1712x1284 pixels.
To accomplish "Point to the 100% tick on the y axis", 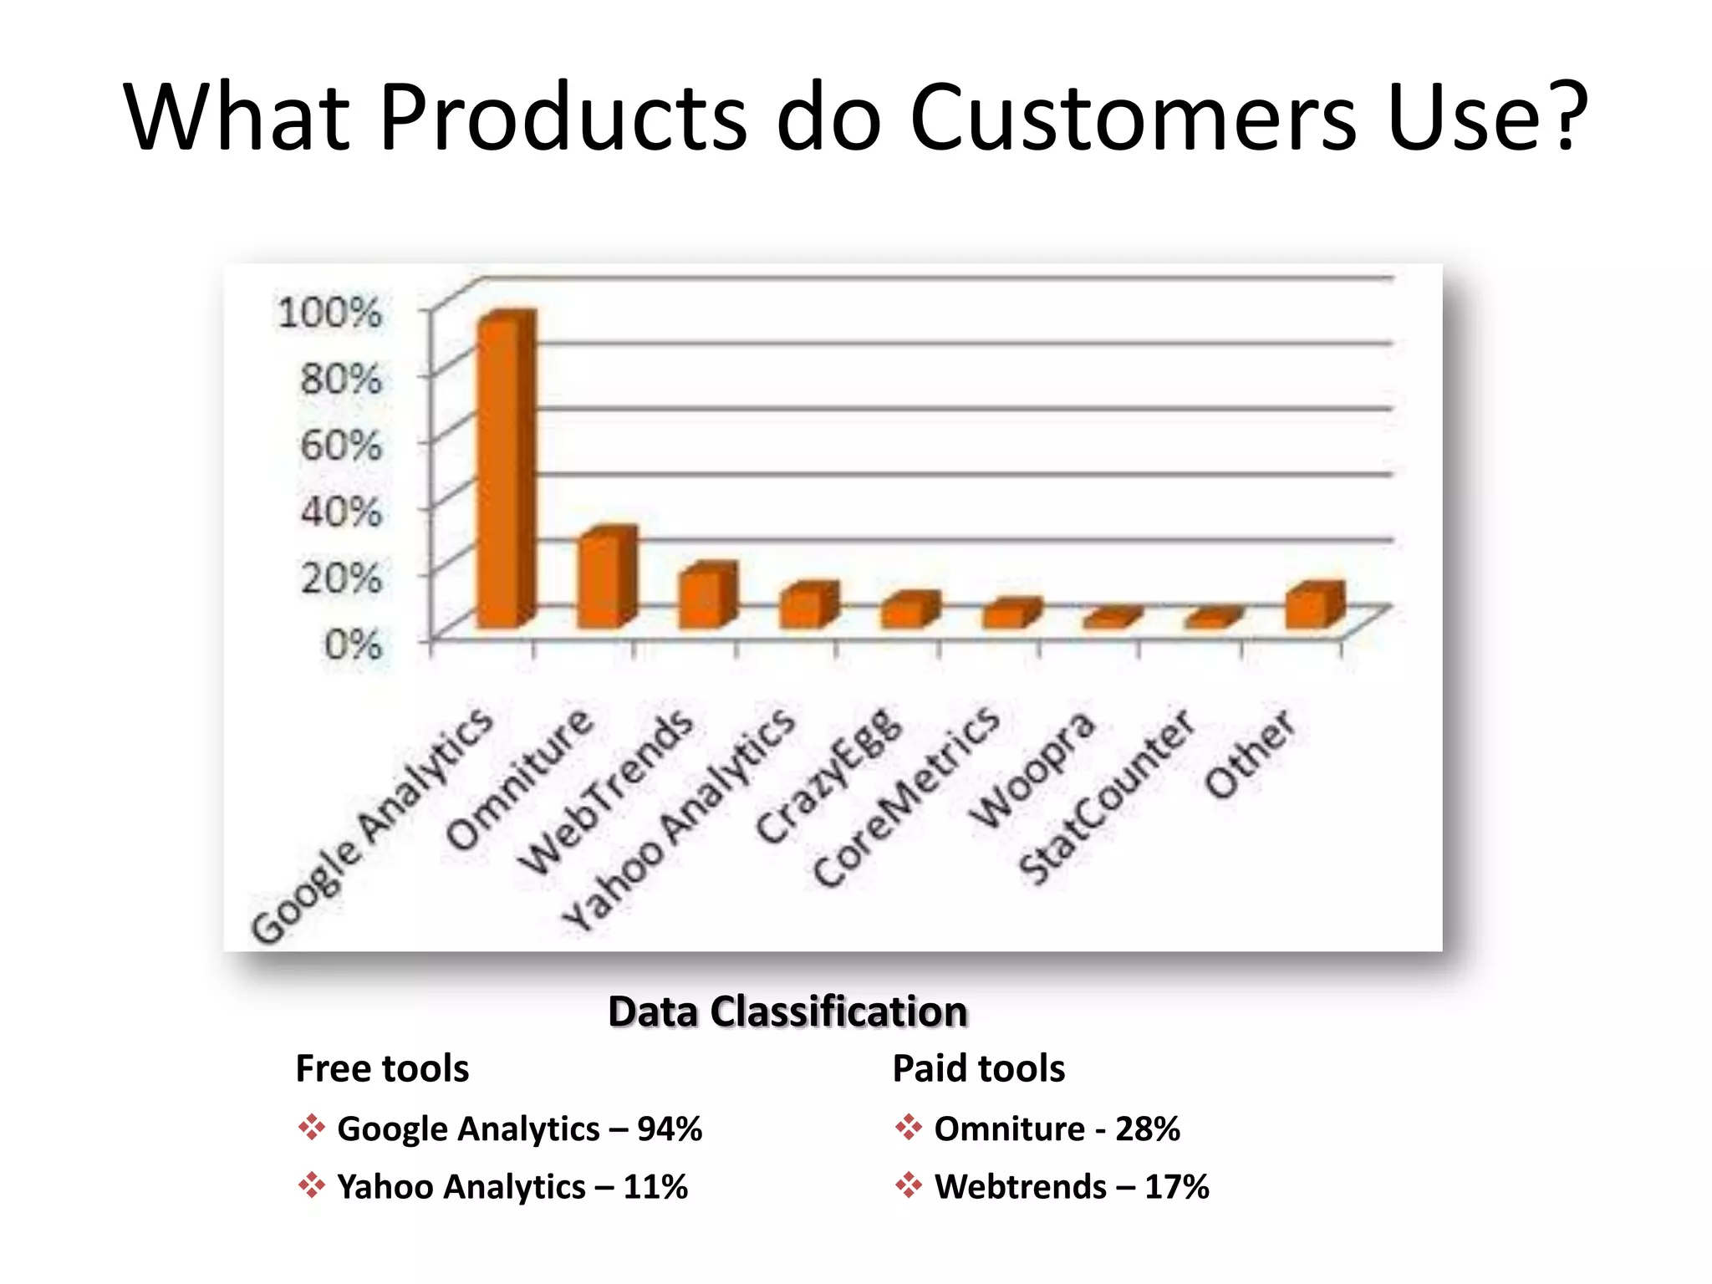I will pos(329,313).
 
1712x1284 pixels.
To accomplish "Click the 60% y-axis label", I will pos(341,445).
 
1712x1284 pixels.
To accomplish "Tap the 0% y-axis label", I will pos(353,645).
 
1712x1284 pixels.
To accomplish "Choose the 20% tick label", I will pos(341,578).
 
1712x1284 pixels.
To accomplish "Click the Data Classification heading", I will pos(787,1011).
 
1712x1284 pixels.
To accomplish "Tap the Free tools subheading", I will pos(382,1068).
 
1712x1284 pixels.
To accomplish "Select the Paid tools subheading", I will pos(978,1068).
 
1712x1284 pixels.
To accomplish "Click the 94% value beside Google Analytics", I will pos(669,1129).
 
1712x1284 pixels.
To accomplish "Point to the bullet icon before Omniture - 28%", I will pos(908,1127).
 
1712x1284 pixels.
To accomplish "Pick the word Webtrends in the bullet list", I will pos(1020,1187).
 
